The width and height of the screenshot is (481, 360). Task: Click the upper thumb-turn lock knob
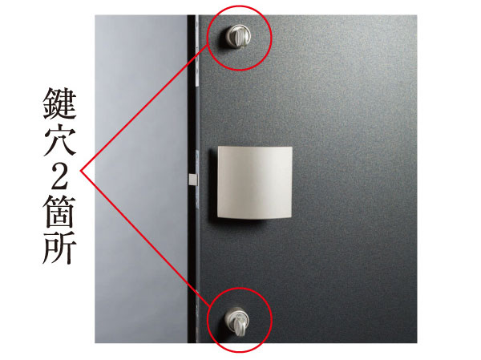[239, 34]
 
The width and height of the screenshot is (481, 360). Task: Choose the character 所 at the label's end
[60, 245]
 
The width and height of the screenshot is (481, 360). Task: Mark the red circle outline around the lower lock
[271, 321]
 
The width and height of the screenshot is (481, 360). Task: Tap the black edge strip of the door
[192, 241]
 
